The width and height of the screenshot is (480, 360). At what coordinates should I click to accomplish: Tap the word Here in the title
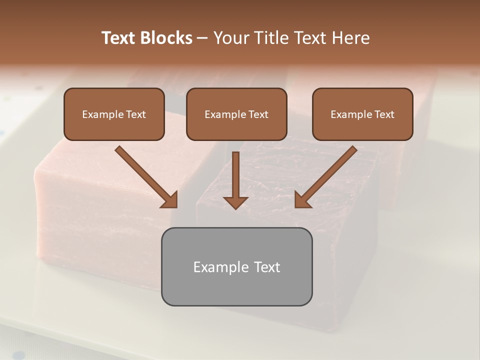coord(350,38)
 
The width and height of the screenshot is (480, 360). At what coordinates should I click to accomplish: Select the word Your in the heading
coord(230,38)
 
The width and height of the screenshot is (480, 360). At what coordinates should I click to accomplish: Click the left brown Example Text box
coord(114,114)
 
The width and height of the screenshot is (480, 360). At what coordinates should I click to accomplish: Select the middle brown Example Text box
coord(236,114)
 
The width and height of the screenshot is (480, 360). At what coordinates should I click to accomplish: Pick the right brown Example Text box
coord(362,114)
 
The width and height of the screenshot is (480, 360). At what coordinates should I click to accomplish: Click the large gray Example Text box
coord(236,266)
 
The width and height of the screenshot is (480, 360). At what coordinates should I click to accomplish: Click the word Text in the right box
coord(384,114)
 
